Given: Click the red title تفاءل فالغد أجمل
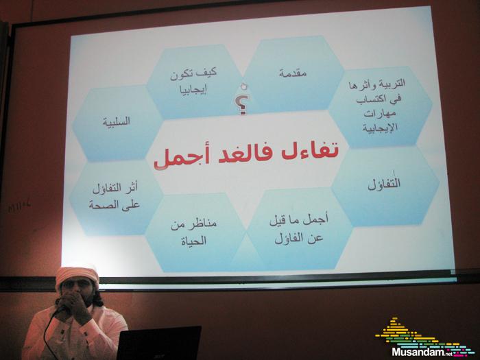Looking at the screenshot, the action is pyautogui.click(x=246, y=154).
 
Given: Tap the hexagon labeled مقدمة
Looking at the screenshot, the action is pyautogui.click(x=293, y=73).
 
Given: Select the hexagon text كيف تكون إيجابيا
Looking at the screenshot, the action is pyautogui.click(x=193, y=82).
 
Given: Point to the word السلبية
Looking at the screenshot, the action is pyautogui.click(x=117, y=121).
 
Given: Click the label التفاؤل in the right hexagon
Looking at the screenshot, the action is pyautogui.click(x=384, y=184).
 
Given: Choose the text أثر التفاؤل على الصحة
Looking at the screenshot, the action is pyautogui.click(x=115, y=196).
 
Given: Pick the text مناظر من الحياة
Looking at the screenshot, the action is pyautogui.click(x=193, y=232).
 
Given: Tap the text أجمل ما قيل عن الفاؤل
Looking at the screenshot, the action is pyautogui.click(x=299, y=229).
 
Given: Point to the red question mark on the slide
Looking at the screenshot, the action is pyautogui.click(x=242, y=105).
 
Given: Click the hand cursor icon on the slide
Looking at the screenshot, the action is pyautogui.click(x=244, y=86).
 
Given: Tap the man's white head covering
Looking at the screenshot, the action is pyautogui.click(x=77, y=276).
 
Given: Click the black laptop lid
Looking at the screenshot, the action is pyautogui.click(x=159, y=343).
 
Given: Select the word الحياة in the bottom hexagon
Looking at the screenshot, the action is pyautogui.click(x=193, y=241).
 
